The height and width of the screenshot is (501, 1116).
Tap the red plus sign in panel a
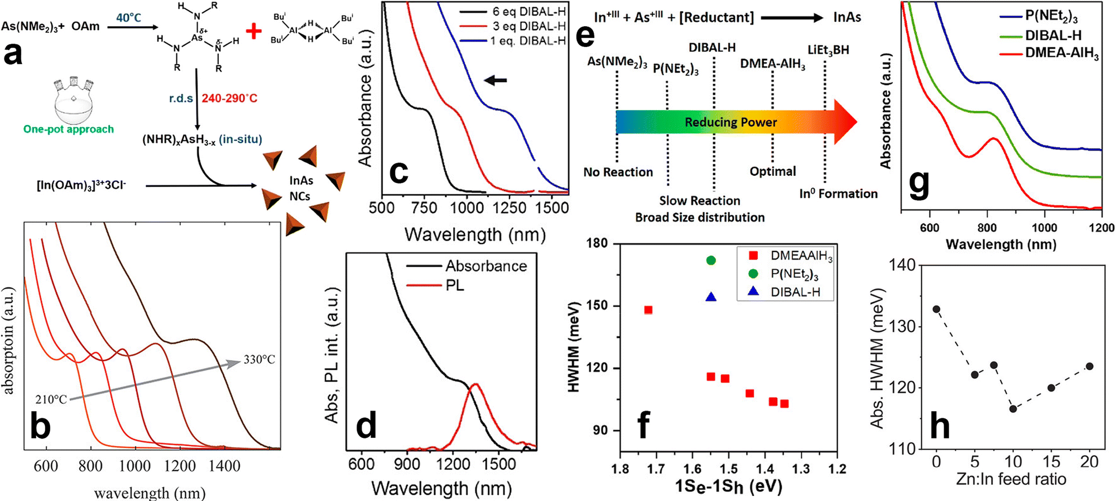(254, 31)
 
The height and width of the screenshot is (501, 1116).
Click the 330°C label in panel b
(259, 360)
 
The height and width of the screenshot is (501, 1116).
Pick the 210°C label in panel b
(51, 399)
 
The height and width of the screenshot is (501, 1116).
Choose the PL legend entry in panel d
(455, 285)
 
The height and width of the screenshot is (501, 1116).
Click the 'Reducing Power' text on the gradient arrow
(731, 122)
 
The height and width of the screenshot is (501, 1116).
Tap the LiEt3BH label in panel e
(828, 50)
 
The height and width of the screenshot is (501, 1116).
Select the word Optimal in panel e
(773, 171)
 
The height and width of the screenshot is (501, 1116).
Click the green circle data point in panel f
(711, 260)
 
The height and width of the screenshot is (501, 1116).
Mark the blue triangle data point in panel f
(711, 297)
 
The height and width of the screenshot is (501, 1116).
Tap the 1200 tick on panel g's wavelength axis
(1101, 228)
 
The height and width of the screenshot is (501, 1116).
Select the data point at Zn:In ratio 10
(1013, 409)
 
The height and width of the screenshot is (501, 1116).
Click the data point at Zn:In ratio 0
(936, 309)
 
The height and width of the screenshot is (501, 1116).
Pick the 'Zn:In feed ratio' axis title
(1011, 479)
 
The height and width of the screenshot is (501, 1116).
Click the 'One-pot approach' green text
(69, 130)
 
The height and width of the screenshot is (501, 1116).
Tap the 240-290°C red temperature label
(229, 98)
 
